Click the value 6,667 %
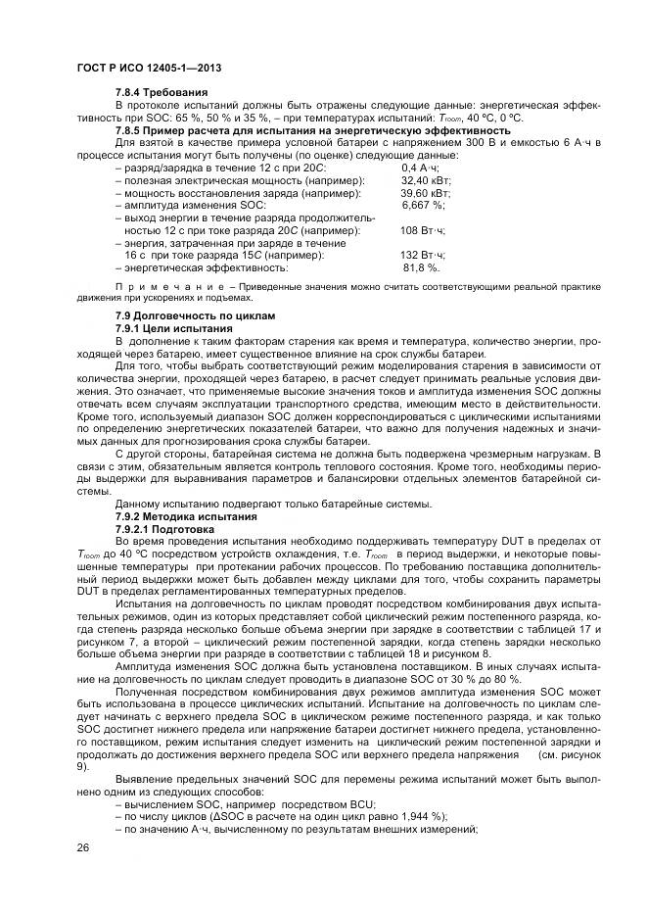(423, 206)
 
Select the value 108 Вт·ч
(423, 230)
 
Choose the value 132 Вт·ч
(423, 255)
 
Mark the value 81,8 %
(422, 267)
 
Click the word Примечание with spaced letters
(161, 286)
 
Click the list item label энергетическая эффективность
(205, 267)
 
